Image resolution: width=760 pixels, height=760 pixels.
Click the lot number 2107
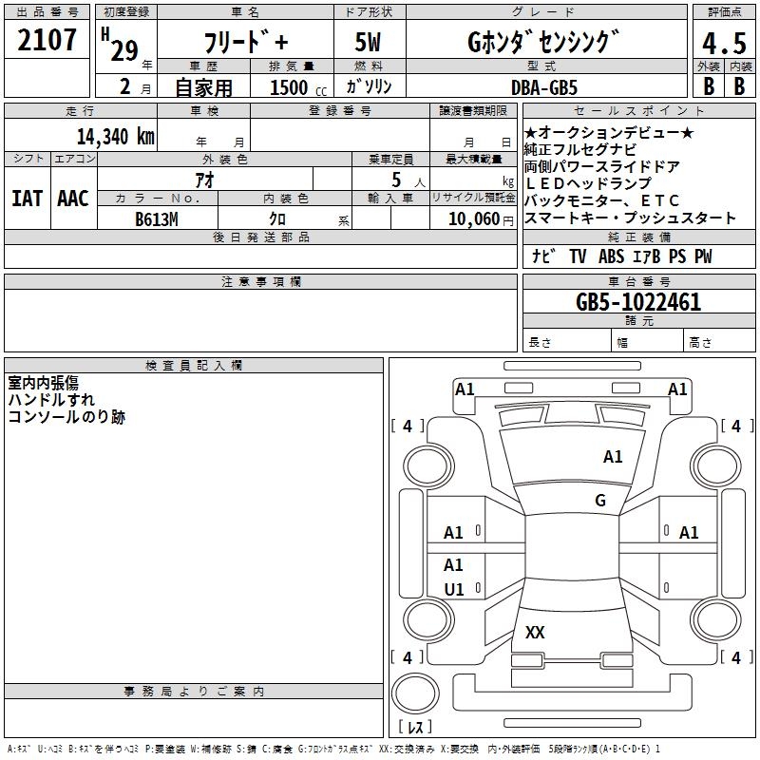pos(47,40)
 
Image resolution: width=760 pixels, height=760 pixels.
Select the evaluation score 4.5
pos(724,44)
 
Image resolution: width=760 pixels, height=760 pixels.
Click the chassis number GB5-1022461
pos(638,303)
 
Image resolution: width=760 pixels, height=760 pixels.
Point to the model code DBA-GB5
pos(544,87)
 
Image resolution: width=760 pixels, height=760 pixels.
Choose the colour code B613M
pos(157,218)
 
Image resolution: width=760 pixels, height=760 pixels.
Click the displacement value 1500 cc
pos(294,87)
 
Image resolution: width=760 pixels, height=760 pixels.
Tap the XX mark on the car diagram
pos(536,633)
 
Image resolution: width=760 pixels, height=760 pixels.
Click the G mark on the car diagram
pos(600,501)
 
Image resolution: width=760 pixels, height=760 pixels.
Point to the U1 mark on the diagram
pos(454,589)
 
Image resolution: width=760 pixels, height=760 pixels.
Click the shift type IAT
pos(28,199)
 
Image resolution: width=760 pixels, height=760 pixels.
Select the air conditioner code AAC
pos(73,199)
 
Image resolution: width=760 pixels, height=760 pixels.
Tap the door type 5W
pos(368,43)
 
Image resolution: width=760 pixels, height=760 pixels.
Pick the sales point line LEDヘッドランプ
pos(588,183)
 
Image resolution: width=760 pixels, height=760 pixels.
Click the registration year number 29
pos(124,51)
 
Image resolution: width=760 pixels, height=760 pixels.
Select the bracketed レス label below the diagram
pos(415,727)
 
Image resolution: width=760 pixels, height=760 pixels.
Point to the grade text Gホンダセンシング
pos(542,42)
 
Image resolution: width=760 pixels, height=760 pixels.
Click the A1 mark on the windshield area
pos(613,457)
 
